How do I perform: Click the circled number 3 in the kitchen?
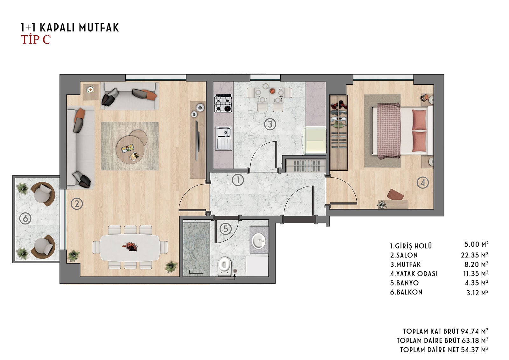pos(270,124)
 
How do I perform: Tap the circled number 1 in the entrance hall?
pos(238,180)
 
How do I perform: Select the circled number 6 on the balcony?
pos(25,219)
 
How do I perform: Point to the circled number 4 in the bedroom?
pos(423,183)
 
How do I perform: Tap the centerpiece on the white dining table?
pos(130,246)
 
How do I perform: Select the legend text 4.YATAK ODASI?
pos(414,274)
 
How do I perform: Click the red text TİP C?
pos(36,39)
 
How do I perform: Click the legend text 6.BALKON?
pos(406,292)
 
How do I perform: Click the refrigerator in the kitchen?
pos(314,141)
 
